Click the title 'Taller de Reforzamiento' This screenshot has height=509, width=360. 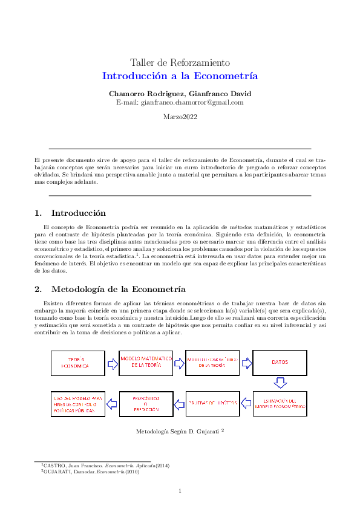180,63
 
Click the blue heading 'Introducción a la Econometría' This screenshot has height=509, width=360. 180,76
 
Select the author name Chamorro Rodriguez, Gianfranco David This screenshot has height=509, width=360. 180,94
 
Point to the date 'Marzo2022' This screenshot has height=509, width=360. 180,117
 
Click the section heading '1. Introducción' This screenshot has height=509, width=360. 70,213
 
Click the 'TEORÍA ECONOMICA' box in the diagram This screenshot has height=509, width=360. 77,363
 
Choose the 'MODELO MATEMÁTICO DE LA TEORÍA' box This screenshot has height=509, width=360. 146,362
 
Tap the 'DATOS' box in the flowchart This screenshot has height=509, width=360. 279,363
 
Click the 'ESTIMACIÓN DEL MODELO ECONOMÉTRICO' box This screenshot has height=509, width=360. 279,404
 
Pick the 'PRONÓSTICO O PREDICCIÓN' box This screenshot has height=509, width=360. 146,404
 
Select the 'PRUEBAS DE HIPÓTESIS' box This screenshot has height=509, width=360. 212,404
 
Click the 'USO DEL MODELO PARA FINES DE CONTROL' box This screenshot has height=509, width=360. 77,404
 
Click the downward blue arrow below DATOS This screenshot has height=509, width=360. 280,382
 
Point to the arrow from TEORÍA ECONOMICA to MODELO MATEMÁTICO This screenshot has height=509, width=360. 112,363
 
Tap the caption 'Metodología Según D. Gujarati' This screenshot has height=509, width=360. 180,432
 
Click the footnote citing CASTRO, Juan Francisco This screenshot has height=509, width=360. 90,467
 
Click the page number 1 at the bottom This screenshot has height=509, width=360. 180,490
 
